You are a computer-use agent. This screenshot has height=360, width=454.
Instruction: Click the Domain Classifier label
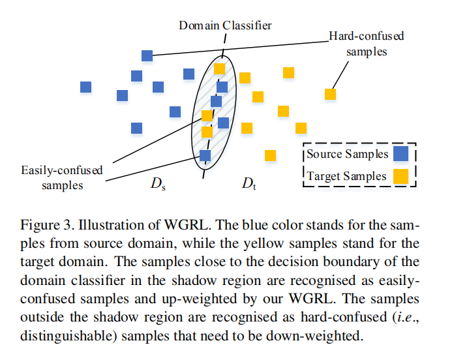click(x=225, y=25)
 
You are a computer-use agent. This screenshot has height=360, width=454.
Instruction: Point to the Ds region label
click(x=158, y=184)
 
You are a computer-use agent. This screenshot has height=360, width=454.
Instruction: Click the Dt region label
click(x=249, y=184)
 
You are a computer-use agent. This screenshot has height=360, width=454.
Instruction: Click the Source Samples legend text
click(x=347, y=155)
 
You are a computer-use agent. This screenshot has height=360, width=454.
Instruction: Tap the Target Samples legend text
click(x=346, y=176)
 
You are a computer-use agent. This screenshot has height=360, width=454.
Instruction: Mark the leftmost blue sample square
click(x=86, y=87)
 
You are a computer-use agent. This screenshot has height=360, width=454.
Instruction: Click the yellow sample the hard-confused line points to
click(x=331, y=94)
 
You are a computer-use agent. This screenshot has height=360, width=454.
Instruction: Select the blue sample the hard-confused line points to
click(x=147, y=55)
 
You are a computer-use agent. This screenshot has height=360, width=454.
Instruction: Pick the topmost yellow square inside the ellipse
click(x=220, y=68)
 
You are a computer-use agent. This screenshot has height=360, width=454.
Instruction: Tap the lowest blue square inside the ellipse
click(x=205, y=155)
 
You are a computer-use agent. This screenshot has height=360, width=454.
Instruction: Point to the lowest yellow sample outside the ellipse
click(x=270, y=155)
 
